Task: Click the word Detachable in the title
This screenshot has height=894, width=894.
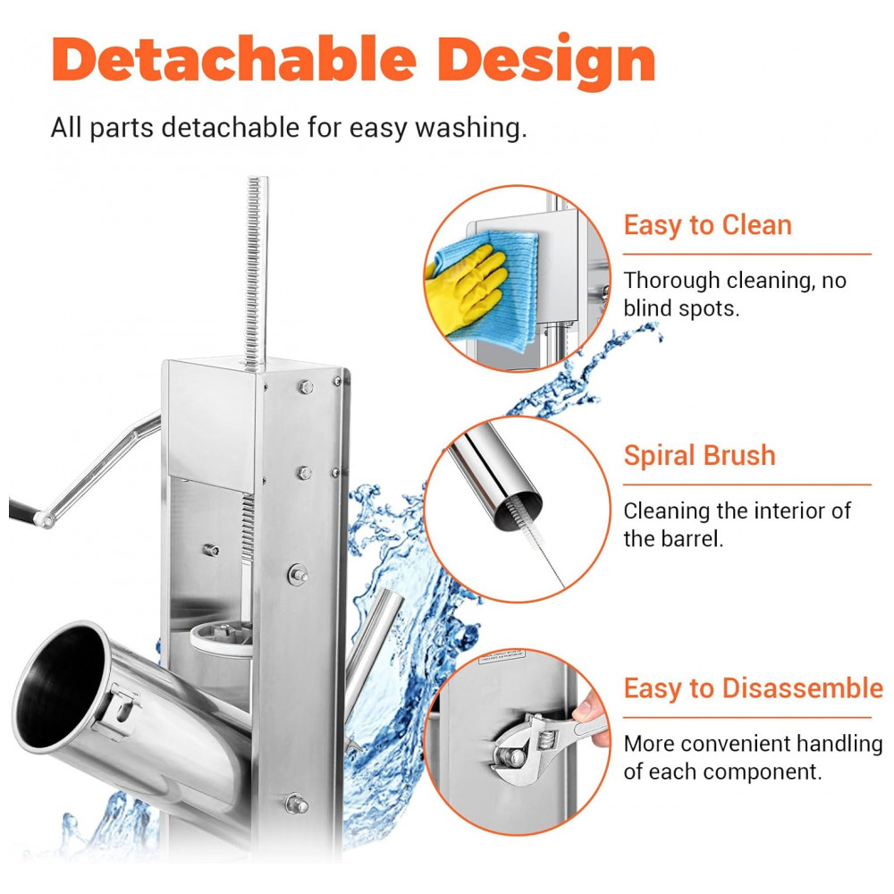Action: point(234,59)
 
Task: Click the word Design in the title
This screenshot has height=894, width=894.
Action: point(547,62)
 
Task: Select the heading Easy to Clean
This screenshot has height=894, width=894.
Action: point(707,225)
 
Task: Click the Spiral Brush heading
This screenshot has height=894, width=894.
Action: point(700,456)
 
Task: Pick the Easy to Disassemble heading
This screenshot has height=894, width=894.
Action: point(753,688)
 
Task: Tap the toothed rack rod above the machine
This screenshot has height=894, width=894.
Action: point(254,273)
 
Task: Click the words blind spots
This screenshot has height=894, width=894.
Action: point(681,308)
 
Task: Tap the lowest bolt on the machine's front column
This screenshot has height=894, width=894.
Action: point(297,803)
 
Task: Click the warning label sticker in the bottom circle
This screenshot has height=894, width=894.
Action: point(502,657)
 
